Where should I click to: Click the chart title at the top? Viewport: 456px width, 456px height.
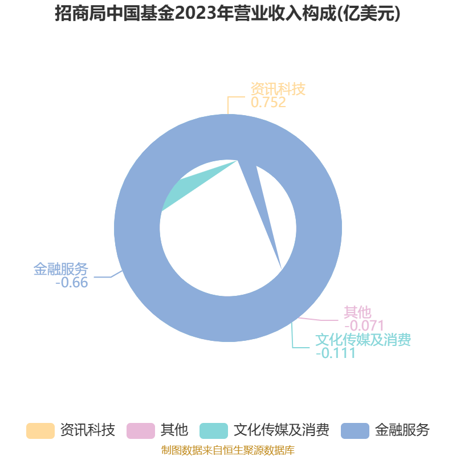pos(227,13)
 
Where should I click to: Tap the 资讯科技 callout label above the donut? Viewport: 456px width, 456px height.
pos(278,89)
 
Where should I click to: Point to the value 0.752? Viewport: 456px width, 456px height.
pos(268,103)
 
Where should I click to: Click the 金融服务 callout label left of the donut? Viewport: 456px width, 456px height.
pos(60,268)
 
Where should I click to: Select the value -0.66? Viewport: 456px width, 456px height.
pos(72,283)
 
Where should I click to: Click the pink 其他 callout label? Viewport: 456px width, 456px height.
pos(357,312)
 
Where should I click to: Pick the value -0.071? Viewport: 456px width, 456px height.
pos(364,325)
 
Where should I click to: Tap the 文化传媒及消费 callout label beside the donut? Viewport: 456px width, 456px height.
pos(363,339)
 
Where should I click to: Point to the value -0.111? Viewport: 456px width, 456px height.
pos(336,353)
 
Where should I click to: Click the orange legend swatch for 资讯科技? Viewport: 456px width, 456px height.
pos(40,431)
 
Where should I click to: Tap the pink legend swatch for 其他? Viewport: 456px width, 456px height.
pos(141,431)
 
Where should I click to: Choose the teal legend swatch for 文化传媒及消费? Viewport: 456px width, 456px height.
pos(214,431)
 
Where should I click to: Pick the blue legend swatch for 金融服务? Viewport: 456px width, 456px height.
pos(355,431)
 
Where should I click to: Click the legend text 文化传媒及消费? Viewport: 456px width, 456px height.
pos(282,430)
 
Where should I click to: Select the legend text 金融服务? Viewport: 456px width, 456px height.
pos(402,430)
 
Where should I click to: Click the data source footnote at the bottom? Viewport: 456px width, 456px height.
pos(228,450)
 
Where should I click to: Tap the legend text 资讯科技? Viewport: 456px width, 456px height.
pos(88,430)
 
